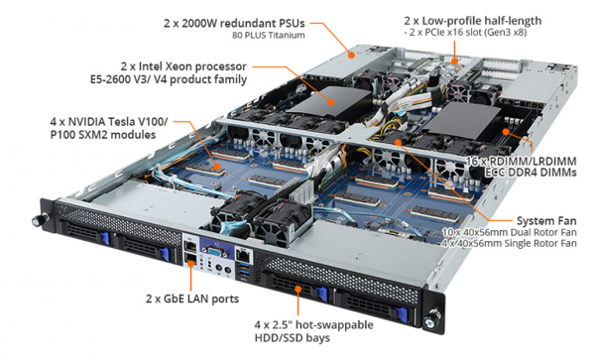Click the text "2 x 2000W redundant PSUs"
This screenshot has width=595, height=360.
pos(234,23)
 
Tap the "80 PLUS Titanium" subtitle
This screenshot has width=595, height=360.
pos(269,36)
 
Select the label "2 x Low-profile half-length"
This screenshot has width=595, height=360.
pos(473,21)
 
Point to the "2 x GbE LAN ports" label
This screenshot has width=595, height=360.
pos(192,299)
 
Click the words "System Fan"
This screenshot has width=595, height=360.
pos(546,221)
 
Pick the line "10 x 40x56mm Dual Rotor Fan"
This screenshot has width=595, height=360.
pos(510,232)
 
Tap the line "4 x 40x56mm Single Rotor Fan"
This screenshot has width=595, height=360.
pos(510,243)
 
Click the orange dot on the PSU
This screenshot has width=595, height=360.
pos(352,55)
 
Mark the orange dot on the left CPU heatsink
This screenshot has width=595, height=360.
pos(331,102)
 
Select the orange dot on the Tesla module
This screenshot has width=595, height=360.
pos(216,167)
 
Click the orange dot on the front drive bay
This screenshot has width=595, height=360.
pos(298,289)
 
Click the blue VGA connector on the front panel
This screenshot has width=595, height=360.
pos(214,252)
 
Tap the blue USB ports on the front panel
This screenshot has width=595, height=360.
pos(244,271)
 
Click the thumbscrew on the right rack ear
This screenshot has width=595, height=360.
pos(432,319)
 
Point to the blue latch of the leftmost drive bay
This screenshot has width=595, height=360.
pos(105,238)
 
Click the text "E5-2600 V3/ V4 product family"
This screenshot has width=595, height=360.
pos(169,79)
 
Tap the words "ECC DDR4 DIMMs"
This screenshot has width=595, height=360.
pos(531,173)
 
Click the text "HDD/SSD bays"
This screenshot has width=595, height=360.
pos(293,337)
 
